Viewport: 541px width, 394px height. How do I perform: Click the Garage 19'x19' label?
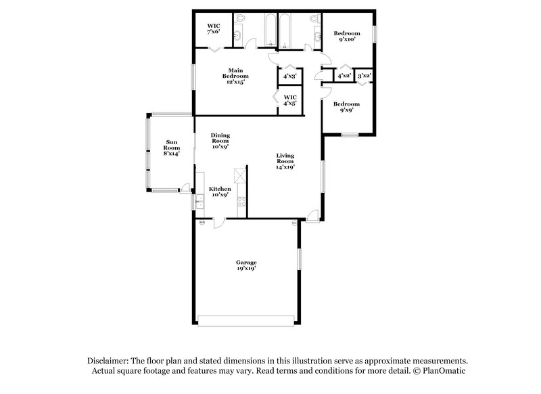(x=246, y=265)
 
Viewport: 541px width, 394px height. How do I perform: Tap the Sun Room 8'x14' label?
(x=172, y=147)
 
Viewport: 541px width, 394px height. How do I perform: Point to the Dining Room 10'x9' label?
(x=220, y=140)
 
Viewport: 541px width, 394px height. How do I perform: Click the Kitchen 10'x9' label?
(x=220, y=191)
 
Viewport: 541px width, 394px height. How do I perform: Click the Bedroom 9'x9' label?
(x=345, y=107)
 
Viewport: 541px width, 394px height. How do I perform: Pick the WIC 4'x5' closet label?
(x=289, y=100)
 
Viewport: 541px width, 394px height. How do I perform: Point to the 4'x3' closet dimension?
(x=289, y=76)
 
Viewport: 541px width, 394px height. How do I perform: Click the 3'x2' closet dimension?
(x=364, y=76)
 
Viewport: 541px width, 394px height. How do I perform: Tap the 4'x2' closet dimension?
(x=344, y=76)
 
